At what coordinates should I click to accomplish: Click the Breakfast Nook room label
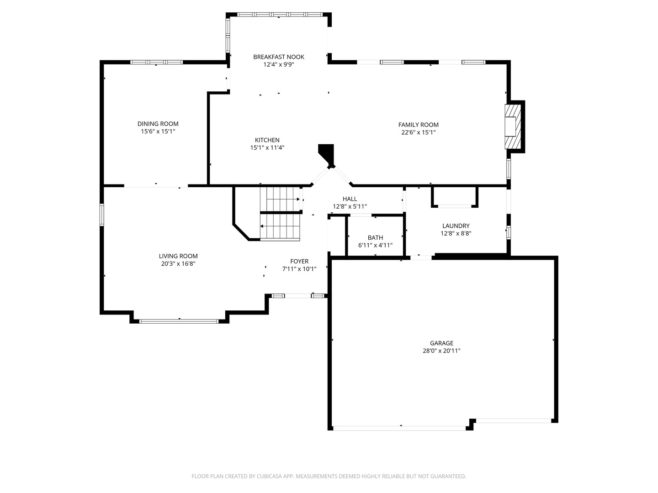[278, 57]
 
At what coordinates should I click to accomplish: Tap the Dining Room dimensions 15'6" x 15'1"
[158, 131]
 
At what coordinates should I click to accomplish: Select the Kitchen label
[267, 140]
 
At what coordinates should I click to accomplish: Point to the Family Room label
[418, 125]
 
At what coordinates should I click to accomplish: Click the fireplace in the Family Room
[513, 126]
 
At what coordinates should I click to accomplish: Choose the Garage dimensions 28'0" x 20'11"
[441, 351]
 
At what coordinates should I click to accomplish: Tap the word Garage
[441, 343]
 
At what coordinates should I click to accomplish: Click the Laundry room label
[456, 226]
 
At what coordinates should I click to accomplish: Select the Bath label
[375, 238]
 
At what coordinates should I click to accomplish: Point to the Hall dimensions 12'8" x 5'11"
[350, 206]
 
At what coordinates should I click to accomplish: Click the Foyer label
[299, 261]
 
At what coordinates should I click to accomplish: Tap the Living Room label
[178, 256]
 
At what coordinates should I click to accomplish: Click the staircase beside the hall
[280, 214]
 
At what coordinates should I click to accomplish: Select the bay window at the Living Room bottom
[179, 321]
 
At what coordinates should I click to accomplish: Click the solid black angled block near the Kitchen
[327, 153]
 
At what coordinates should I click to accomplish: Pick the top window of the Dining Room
[156, 62]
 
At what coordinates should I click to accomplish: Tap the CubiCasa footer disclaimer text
[329, 476]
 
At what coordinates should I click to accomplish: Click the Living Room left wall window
[102, 215]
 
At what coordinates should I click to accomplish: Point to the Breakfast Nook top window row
[280, 14]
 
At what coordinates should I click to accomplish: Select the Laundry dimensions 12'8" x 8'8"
[456, 233]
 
